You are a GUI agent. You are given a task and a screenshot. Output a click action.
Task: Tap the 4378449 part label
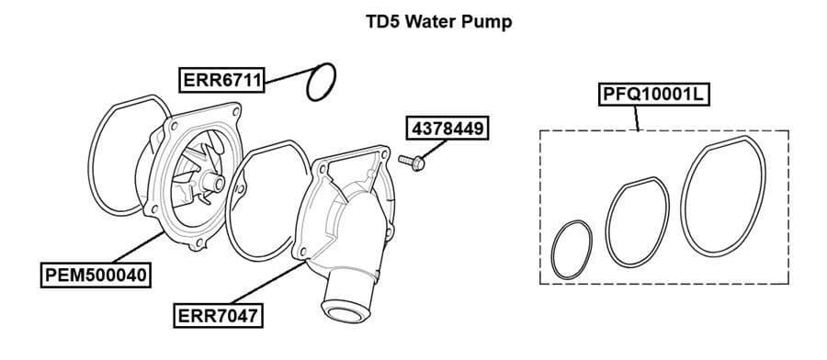(x=447, y=128)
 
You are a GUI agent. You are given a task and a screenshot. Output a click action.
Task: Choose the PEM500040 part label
(x=97, y=274)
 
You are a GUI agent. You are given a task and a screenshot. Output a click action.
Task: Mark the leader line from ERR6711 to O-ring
(x=286, y=76)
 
